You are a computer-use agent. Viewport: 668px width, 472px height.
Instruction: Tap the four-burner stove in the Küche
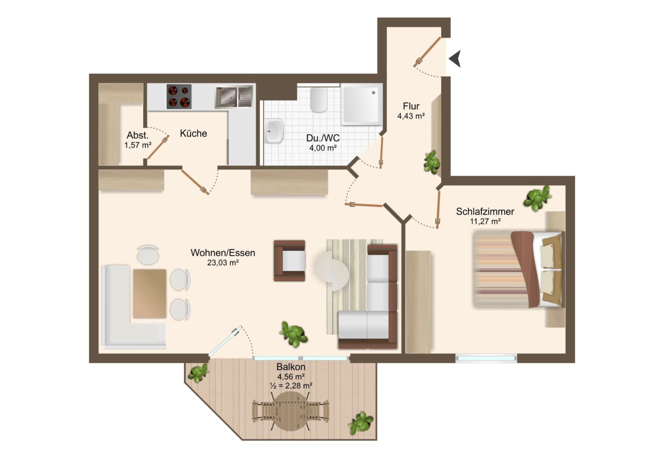(179, 97)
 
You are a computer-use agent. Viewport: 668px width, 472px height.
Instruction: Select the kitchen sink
(234, 97)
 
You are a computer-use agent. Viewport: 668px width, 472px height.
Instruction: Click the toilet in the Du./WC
(319, 100)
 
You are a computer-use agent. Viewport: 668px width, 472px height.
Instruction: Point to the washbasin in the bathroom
(274, 131)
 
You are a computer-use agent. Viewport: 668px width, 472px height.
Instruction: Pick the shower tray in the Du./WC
(362, 104)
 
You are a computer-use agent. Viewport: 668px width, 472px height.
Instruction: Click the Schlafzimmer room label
(485, 212)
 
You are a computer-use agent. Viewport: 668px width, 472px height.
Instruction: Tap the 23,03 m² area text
(223, 263)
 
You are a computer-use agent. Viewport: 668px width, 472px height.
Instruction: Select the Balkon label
(291, 366)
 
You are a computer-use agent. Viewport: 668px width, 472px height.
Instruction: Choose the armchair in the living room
(289, 260)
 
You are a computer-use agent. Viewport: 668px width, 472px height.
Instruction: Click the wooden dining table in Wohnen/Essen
(150, 294)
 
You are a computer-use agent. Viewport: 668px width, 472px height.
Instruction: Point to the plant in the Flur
(431, 162)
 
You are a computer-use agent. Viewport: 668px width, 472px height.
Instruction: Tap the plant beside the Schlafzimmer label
(537, 198)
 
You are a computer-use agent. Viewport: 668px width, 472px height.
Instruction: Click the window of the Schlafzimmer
(487, 358)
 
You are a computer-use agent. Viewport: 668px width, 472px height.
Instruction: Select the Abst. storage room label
(137, 135)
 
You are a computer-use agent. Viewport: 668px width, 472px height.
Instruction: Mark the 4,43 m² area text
(411, 116)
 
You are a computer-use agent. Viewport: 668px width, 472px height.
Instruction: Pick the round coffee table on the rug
(332, 271)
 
